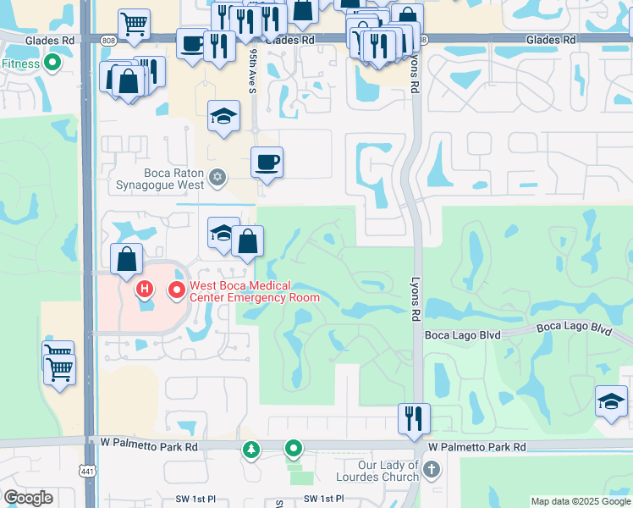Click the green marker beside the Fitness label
pos(52,62)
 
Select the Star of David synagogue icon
pos(218,176)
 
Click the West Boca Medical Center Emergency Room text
pos(254,291)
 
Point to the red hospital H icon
pos(145,290)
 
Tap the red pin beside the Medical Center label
pos(177,290)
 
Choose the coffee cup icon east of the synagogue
pos(267,161)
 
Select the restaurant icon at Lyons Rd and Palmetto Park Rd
pos(414,417)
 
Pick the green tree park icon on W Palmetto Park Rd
pos(251,449)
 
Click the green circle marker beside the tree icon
pos(294,448)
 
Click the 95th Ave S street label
pos(253,68)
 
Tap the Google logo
pos(28,498)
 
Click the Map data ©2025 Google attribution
pos(581,501)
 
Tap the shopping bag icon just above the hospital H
pos(126,259)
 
